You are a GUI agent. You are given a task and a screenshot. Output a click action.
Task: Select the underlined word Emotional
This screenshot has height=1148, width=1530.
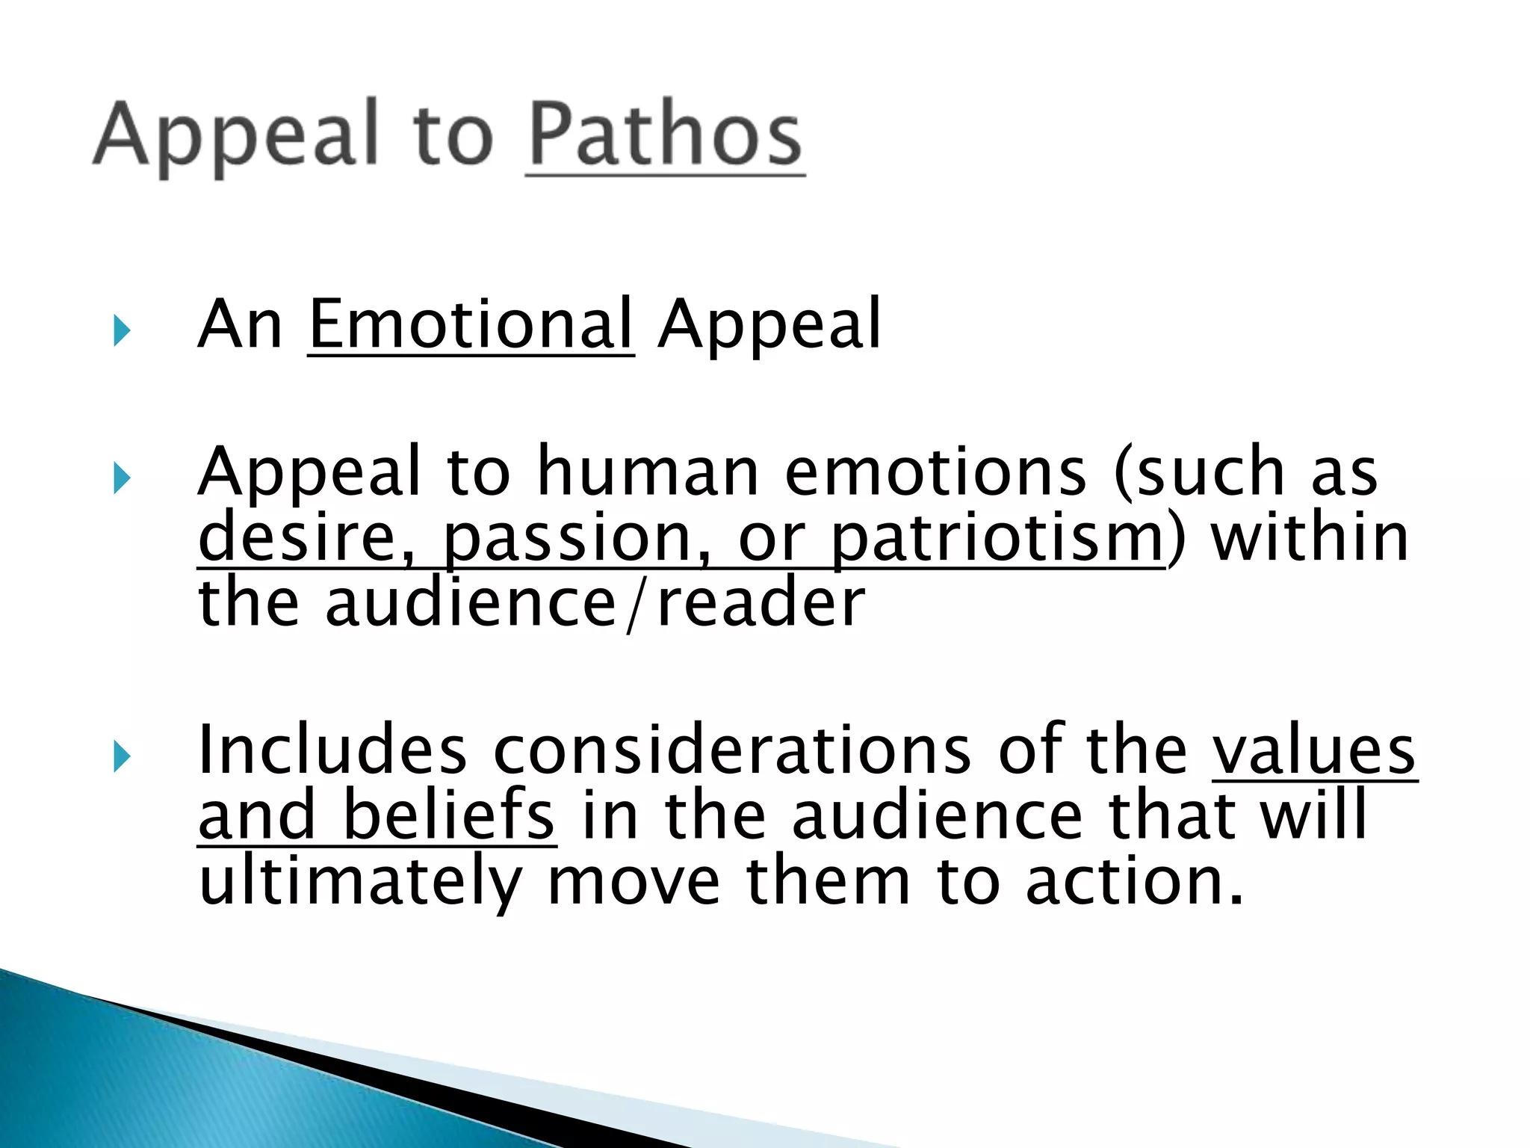click(471, 324)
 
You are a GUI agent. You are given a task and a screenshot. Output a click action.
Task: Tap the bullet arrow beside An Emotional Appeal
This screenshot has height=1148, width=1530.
click(122, 330)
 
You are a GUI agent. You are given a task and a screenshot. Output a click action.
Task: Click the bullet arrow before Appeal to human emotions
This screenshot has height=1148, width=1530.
click(122, 478)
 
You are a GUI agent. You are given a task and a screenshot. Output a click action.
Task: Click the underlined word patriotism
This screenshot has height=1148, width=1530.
click(997, 538)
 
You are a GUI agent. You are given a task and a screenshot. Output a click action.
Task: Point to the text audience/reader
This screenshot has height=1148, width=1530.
click(595, 604)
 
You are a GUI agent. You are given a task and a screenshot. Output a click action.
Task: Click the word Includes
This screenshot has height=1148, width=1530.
click(333, 750)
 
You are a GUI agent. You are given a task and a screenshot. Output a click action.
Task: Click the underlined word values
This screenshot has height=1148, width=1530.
click(1313, 750)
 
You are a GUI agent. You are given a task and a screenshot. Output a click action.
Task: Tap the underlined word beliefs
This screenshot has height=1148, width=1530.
click(448, 816)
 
